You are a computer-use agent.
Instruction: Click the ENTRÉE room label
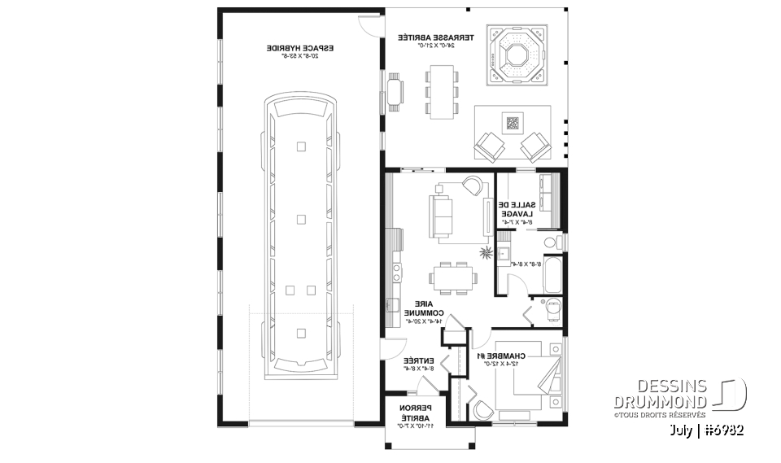tap(416, 363)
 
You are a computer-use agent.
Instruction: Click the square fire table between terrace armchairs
tap(512, 124)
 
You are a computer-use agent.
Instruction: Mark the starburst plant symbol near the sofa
tap(486, 254)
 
